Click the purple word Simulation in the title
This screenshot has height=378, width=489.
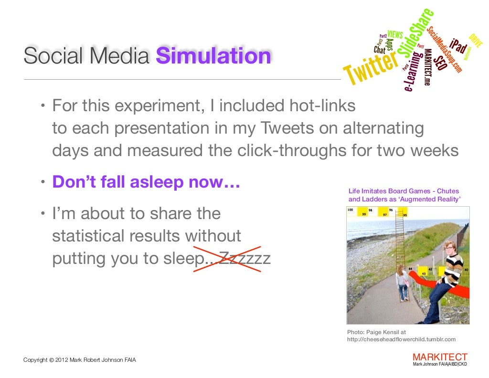click(x=213, y=57)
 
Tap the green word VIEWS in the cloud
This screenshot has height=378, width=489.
click(x=395, y=34)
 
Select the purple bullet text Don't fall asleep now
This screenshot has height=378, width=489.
click(x=146, y=182)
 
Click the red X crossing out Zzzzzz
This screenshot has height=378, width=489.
click(x=227, y=259)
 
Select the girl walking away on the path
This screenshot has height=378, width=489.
click(x=401, y=283)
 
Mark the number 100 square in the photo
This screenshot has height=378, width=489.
click(x=351, y=210)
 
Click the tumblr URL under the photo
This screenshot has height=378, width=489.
click(x=401, y=339)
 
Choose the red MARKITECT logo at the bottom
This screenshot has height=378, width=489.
click(x=439, y=357)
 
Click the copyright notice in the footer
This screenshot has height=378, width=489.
click(x=80, y=360)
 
